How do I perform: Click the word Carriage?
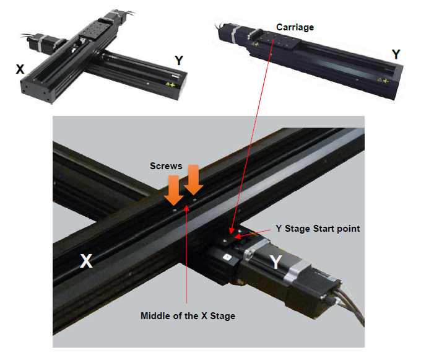tap(295, 27)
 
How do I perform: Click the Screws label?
tap(167, 166)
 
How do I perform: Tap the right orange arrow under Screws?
tap(193, 182)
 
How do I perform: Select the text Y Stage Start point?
tap(318, 229)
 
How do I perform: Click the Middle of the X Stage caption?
tap(188, 316)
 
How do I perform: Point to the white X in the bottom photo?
tap(86, 261)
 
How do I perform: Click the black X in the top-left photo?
tap(20, 69)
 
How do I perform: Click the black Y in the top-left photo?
tap(179, 60)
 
